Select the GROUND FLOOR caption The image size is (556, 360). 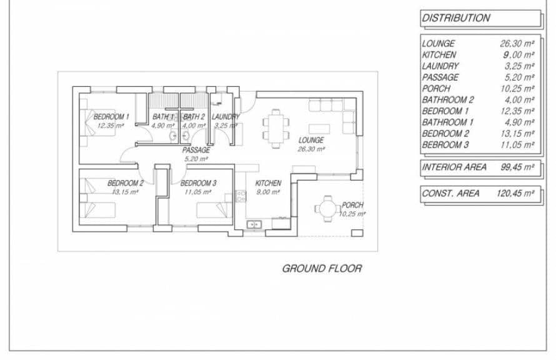click(x=322, y=269)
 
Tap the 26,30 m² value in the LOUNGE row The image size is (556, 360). click(x=517, y=44)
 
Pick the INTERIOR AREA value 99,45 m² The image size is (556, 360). click(x=516, y=167)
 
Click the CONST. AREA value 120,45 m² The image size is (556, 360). click(x=515, y=194)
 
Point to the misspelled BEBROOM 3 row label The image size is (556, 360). click(x=445, y=145)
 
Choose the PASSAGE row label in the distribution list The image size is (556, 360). click(x=440, y=77)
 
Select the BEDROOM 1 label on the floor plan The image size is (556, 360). click(x=111, y=117)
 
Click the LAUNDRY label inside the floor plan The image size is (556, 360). click(x=226, y=117)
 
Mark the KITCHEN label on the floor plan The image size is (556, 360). click(x=268, y=183)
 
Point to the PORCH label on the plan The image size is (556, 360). click(x=352, y=205)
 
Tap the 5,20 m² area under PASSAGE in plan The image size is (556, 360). click(x=196, y=159)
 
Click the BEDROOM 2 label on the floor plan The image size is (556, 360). click(x=126, y=183)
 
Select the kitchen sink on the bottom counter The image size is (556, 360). click(x=255, y=224)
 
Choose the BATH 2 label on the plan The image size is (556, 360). click(x=194, y=117)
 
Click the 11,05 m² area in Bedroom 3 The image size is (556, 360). click(x=197, y=192)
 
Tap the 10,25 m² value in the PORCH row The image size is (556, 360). click(x=517, y=89)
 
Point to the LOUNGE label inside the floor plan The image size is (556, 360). click(x=310, y=141)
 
